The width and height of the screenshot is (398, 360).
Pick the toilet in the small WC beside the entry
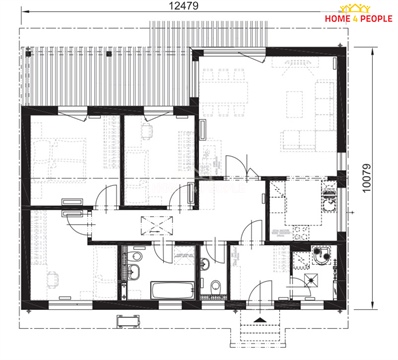point(217,291)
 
